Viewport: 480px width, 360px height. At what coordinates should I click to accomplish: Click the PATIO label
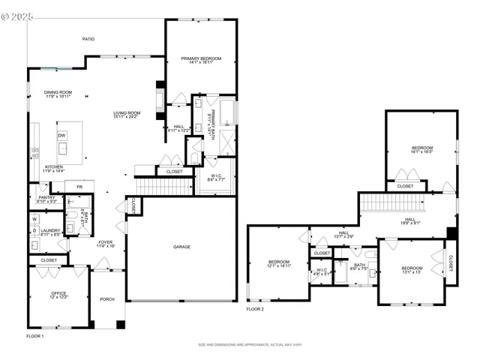[88, 38]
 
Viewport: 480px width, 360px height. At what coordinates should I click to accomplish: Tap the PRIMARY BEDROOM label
[200, 58]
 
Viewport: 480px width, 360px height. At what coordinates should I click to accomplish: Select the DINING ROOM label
[57, 92]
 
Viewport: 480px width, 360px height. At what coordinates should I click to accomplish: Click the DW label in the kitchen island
[61, 135]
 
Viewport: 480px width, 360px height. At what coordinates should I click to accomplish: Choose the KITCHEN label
[52, 167]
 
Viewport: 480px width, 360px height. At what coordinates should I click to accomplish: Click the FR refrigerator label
[78, 186]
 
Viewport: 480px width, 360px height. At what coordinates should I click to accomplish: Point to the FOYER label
[106, 241]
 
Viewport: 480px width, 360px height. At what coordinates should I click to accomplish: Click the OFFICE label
[58, 293]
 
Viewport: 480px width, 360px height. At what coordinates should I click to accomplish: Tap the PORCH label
[107, 299]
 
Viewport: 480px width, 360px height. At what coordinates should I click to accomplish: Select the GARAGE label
[181, 247]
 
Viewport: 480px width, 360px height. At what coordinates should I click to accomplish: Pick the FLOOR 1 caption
[35, 336]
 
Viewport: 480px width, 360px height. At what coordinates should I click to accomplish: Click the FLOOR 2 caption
[256, 308]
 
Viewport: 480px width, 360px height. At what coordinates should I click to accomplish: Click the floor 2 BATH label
[360, 264]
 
